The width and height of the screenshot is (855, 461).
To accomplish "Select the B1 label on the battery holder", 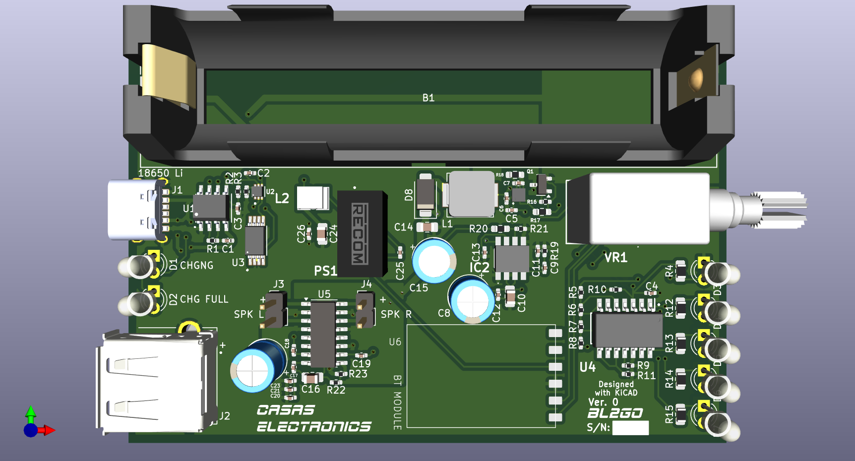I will pos(428,98).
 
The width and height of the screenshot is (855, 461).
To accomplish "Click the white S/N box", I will pos(630,428).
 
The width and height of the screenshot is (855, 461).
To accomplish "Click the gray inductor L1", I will pos(471,194).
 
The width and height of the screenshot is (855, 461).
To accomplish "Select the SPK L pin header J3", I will pos(274,310).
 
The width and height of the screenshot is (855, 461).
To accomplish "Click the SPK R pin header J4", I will pos(366,310).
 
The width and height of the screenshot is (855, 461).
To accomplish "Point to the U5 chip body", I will pos(323,335).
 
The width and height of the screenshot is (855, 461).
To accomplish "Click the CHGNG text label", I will pos(196,266).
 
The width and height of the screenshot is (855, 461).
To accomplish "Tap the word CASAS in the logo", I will pos(286,410).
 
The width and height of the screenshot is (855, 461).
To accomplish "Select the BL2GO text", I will pos(615,413).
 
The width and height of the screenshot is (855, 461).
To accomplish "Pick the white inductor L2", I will pos(312,198).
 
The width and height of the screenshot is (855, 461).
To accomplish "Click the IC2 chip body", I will pos(512,258).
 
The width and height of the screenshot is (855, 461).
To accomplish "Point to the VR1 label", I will pos(615,258).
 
